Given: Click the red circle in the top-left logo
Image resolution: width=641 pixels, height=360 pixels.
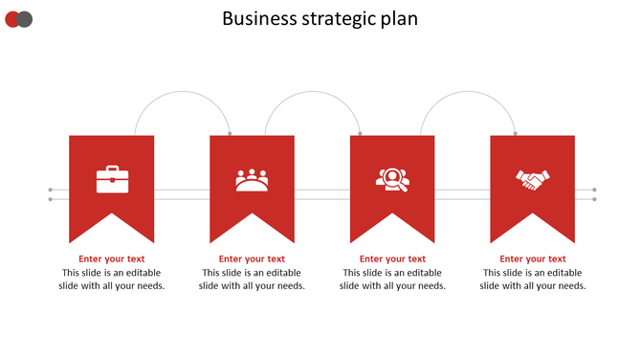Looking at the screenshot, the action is click(x=12, y=19).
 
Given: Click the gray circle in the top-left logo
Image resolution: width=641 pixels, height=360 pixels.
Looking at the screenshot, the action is click(x=26, y=19).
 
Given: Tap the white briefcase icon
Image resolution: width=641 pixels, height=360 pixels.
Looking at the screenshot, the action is click(x=112, y=179).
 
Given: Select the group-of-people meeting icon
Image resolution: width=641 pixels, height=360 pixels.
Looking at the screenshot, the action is click(x=252, y=180).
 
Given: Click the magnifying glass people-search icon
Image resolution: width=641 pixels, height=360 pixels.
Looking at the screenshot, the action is click(x=392, y=179).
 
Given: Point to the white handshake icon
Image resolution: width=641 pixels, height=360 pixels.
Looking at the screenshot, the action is click(x=533, y=179).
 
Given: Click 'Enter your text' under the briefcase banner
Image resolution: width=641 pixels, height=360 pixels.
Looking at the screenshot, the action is click(x=112, y=259).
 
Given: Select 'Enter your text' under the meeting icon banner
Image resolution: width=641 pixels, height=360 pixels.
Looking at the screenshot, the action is click(x=252, y=259).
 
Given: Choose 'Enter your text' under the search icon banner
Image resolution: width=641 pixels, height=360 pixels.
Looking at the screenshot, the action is click(x=392, y=259).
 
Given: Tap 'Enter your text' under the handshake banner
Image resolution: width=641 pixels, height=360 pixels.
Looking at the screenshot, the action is click(x=533, y=259).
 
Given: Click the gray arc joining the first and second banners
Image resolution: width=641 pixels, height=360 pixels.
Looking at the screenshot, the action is click(x=183, y=92).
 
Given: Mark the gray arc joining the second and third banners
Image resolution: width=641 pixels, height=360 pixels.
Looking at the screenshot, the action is click(x=312, y=92).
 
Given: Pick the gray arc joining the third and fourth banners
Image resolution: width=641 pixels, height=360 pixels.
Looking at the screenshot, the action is click(x=468, y=92).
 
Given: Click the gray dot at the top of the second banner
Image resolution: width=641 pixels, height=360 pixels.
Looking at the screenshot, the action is click(x=230, y=133).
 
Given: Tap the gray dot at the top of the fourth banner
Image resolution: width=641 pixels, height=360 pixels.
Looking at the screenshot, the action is click(x=515, y=133).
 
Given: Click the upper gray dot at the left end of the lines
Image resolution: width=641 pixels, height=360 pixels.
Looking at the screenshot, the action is click(x=50, y=191).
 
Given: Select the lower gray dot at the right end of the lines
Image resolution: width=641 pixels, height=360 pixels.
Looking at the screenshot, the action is click(x=595, y=199).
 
